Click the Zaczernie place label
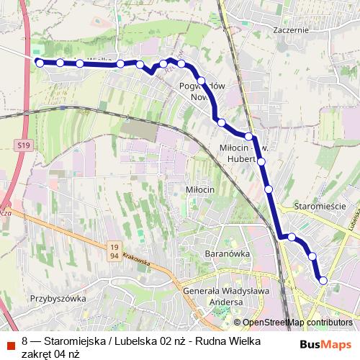click(x=291, y=31)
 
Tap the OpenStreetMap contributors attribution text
click(x=297, y=323)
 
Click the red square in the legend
click(x=10, y=341)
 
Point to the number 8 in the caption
click(x=25, y=341)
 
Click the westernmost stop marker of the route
click(x=40, y=63)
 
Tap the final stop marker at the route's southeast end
click(x=323, y=280)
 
